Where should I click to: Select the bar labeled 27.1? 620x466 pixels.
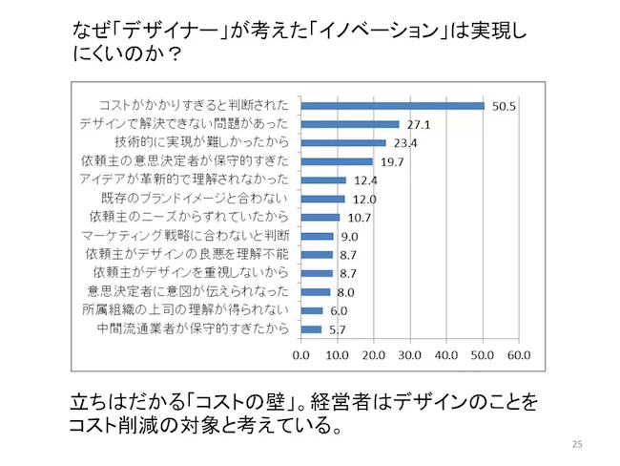(350, 124)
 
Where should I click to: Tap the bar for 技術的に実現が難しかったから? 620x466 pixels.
(343, 143)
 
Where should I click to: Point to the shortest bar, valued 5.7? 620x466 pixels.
(311, 329)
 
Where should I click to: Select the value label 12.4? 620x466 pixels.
(364, 180)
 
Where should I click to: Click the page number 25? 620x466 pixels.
(575, 444)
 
